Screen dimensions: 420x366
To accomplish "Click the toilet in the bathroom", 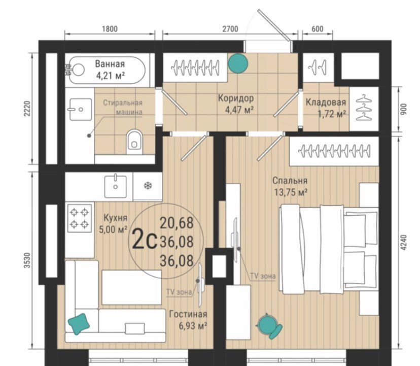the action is tap(134, 142).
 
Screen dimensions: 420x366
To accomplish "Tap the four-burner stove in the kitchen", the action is tap(79, 218).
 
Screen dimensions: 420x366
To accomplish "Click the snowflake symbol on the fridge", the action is tap(147, 186).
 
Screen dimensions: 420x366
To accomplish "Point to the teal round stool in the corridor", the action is tap(238, 63).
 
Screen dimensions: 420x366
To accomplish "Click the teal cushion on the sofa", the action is tap(79, 324).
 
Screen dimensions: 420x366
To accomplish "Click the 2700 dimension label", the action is tap(230, 29).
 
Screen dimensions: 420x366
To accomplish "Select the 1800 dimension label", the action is tap(110, 29).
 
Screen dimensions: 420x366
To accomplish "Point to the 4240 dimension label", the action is tap(404, 242).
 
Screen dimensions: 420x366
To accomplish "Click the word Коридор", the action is tap(236, 98).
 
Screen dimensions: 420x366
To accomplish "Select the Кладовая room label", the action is tap(326, 102).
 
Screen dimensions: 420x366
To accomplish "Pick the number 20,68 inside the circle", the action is tap(177, 223).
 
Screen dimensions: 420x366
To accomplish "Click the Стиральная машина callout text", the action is tap(123, 107).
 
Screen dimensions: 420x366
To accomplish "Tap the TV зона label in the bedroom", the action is tap(263, 276).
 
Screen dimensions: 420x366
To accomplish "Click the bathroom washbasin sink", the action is tap(80, 110).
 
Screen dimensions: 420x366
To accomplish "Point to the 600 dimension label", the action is tap(318, 29).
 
